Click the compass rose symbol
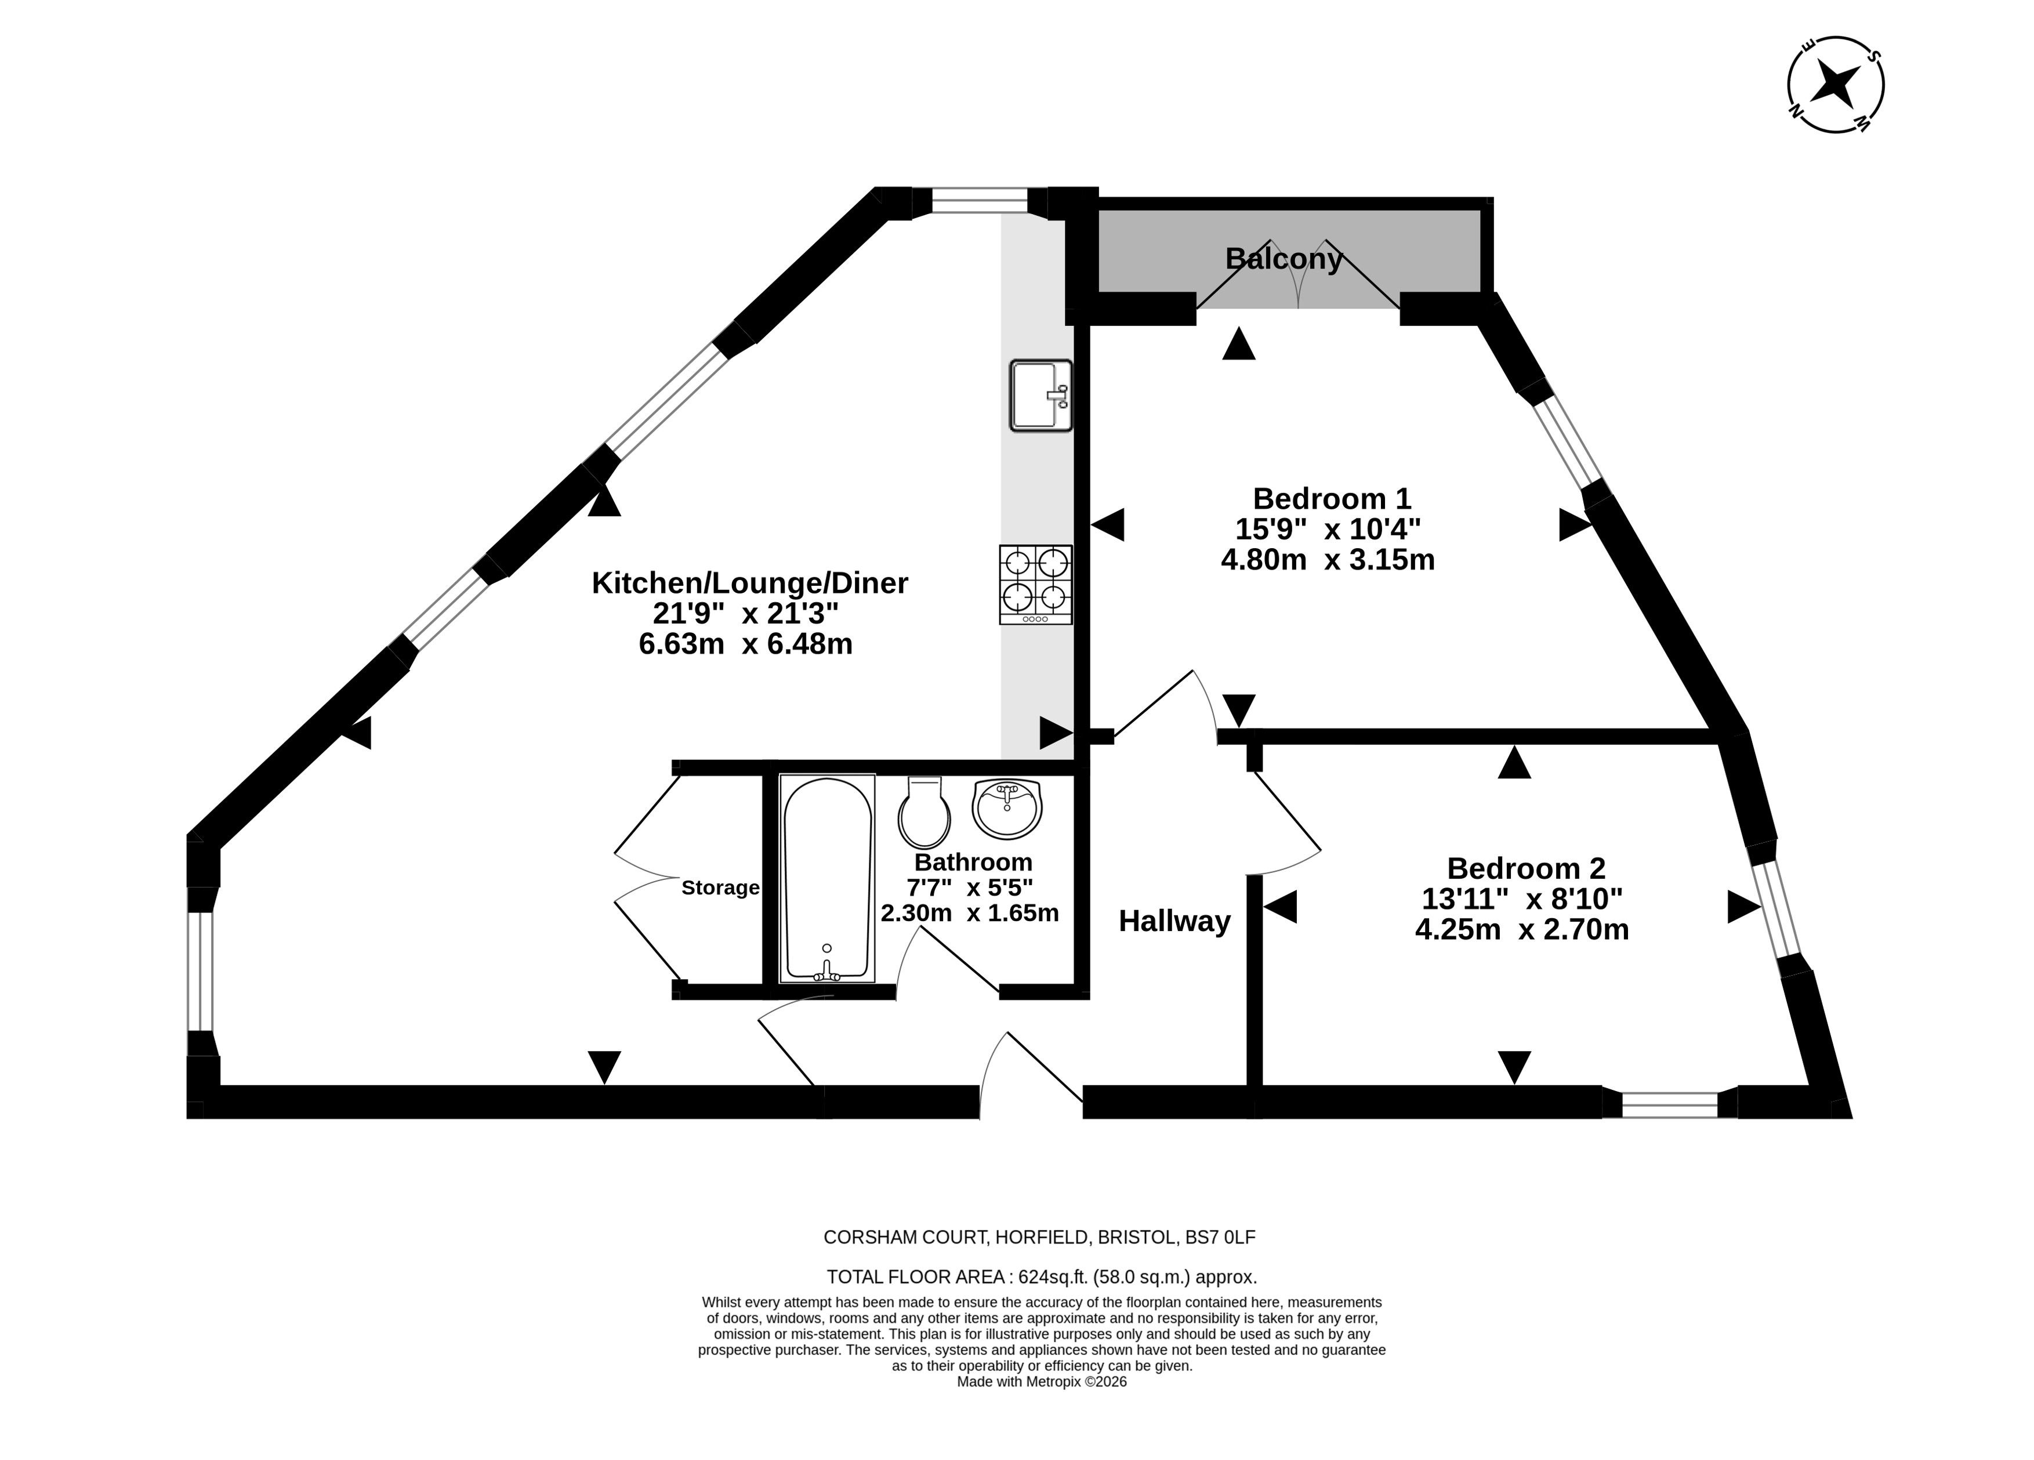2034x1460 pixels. point(1836,85)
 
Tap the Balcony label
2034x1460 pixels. point(1284,259)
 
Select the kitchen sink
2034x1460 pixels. point(1040,396)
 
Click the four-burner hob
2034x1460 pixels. point(1036,585)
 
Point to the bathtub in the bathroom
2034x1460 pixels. point(827,878)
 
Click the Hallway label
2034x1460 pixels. point(1175,921)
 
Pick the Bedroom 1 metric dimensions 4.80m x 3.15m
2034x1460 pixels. point(1328,560)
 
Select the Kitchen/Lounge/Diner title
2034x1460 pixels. point(750,583)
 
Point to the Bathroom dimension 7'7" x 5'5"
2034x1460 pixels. point(970,888)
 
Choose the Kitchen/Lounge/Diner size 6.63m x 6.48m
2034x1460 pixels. point(745,644)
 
